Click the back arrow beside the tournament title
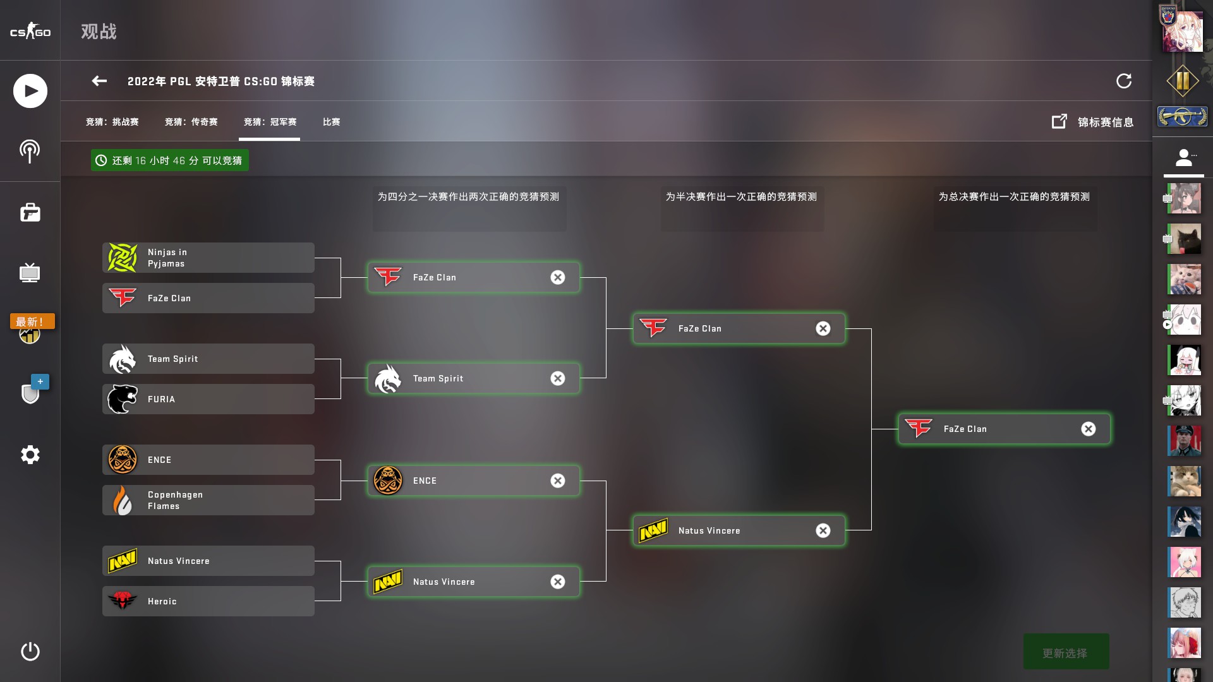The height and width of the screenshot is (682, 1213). coord(99,81)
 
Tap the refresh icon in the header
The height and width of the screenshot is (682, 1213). coord(1124,81)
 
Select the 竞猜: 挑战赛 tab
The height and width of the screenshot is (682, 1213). coord(112,122)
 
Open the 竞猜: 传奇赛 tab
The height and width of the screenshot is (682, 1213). coord(191,122)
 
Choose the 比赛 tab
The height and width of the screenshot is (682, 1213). coord(332,122)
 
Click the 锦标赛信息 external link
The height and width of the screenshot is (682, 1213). coord(1092,122)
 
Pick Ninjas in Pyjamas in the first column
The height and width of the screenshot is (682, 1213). coord(208,258)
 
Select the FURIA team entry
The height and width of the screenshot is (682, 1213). coord(208,399)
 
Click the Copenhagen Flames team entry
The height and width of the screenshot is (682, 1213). coord(208,500)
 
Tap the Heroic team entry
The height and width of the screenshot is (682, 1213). coord(208,601)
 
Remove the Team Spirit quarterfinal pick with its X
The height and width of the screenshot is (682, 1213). coord(558,378)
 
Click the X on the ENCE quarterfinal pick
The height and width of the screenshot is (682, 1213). coord(558,481)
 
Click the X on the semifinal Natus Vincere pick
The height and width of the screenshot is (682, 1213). coord(823,530)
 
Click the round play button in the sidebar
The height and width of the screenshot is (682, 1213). coord(30,91)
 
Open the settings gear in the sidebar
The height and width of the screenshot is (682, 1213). coord(30,455)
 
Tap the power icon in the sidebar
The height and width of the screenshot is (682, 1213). coord(30,651)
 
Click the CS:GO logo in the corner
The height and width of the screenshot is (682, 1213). coord(30,31)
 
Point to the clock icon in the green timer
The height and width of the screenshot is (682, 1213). coord(101,160)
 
